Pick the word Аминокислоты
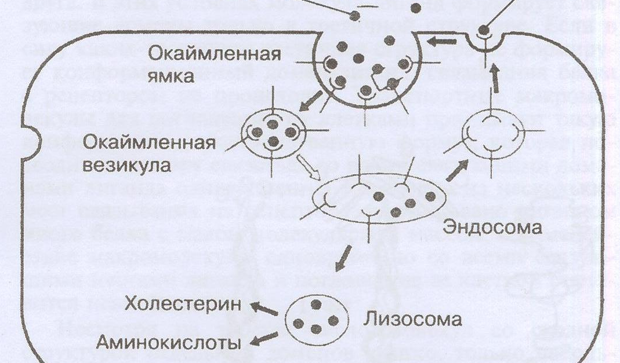169,342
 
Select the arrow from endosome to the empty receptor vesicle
458,171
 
